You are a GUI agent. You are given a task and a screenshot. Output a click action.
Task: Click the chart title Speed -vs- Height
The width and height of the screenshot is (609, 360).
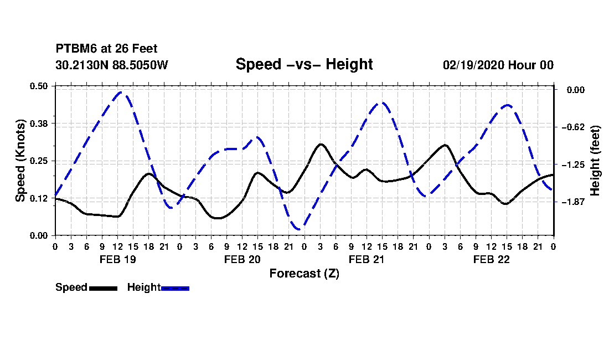304,64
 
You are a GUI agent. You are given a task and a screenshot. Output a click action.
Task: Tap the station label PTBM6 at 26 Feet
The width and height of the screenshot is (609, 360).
106,49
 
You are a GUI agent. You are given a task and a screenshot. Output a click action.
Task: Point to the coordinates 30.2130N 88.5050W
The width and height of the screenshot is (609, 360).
111,65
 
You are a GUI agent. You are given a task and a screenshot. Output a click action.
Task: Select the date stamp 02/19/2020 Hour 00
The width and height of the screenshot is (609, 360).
498,65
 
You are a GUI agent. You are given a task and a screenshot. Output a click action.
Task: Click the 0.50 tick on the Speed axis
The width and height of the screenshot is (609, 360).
39,86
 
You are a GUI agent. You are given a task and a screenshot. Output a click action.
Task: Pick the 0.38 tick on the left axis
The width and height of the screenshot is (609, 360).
39,124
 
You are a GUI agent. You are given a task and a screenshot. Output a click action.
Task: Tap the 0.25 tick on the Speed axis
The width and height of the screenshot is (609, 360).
39,161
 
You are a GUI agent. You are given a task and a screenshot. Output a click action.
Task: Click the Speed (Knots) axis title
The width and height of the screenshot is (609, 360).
20,161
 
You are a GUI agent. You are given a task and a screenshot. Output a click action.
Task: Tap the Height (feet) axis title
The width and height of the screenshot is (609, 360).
595,161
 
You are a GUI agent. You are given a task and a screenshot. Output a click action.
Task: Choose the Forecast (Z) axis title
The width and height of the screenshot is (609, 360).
304,274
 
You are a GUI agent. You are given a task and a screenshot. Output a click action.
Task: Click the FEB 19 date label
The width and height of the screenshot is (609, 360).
118,259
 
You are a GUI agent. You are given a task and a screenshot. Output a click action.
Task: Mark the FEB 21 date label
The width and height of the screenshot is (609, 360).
367,259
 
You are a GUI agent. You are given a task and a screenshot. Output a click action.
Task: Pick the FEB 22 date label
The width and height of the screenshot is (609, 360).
491,259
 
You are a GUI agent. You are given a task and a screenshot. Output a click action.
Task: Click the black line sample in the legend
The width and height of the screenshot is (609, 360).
104,288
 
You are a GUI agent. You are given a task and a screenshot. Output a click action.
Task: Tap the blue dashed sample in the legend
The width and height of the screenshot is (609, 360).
175,288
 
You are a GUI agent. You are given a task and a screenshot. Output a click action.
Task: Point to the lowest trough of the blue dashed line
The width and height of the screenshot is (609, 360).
298,229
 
